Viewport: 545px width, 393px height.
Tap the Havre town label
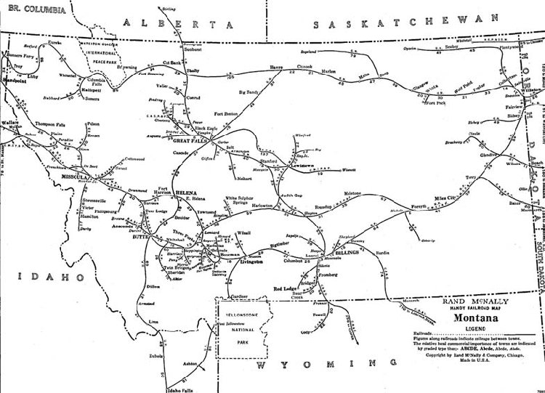coord(276,66)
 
